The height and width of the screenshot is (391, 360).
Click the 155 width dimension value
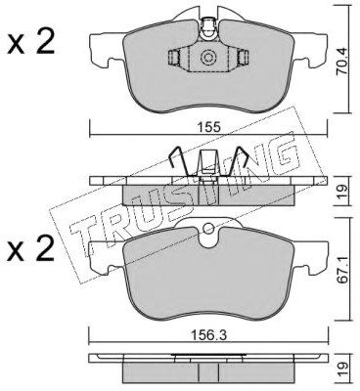click(208, 126)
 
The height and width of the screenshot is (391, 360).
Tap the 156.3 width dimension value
click(208, 335)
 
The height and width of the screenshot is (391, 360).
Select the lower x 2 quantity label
click(31, 248)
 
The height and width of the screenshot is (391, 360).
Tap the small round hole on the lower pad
click(208, 229)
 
